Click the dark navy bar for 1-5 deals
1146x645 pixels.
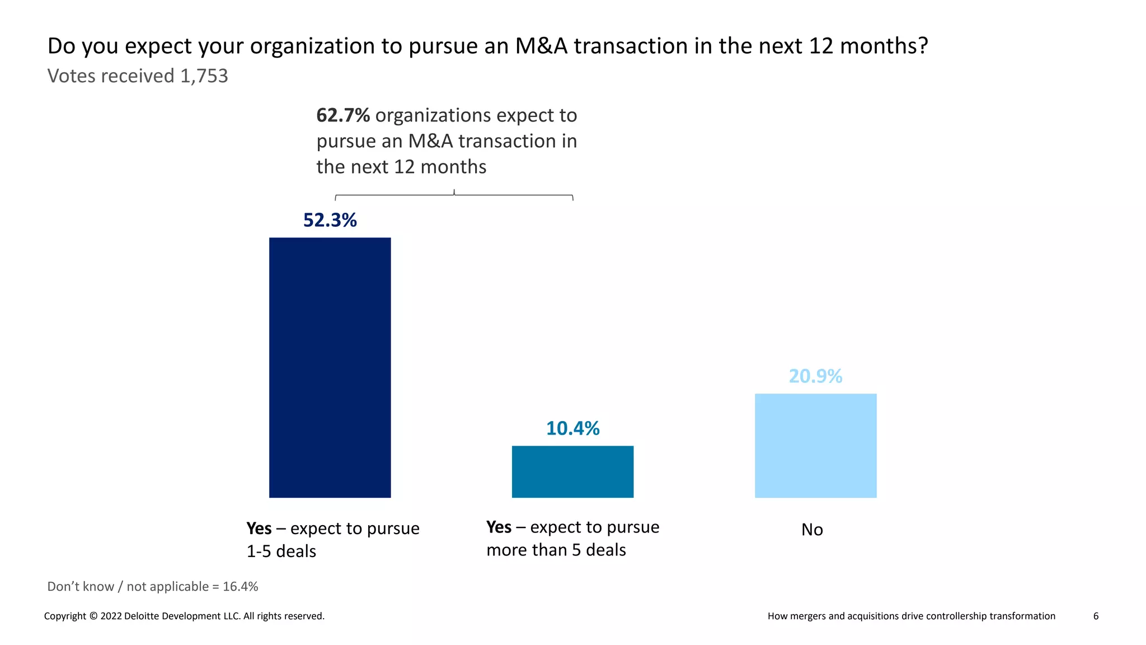click(x=330, y=367)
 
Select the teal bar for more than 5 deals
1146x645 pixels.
click(x=572, y=471)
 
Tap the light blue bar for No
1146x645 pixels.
click(x=815, y=445)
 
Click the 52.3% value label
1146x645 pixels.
click(x=330, y=220)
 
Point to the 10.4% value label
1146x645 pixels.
click(x=572, y=428)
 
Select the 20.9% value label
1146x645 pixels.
click(x=815, y=376)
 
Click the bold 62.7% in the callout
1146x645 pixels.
click(x=342, y=115)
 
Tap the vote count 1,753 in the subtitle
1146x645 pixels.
click(x=204, y=76)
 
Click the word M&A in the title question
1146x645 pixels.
click(x=541, y=46)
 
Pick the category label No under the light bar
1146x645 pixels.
click(x=812, y=530)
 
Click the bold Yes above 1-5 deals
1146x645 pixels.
click(x=259, y=529)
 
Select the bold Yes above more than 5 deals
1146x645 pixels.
click(x=499, y=527)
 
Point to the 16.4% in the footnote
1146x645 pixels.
click(x=240, y=587)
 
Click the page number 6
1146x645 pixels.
click(x=1096, y=616)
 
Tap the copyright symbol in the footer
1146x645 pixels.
click(x=93, y=616)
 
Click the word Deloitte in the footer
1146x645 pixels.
click(x=140, y=616)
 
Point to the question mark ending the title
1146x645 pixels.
click(x=923, y=46)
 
